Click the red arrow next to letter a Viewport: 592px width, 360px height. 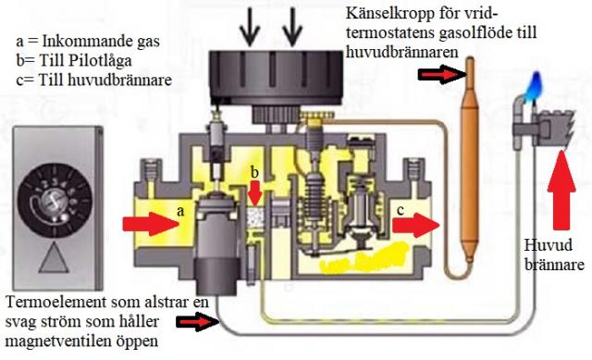pyautogui.click(x=150, y=224)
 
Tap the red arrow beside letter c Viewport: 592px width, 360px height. pyautogui.click(x=416, y=225)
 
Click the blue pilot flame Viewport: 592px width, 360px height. pyautogui.click(x=536, y=85)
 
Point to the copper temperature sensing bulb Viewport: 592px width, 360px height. pyautogui.click(x=470, y=158)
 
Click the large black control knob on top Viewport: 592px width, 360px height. pyautogui.click(x=276, y=79)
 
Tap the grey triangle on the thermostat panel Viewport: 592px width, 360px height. pyautogui.click(x=54, y=257)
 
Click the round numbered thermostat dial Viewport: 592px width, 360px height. pyautogui.click(x=55, y=200)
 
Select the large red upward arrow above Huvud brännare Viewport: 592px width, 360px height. pyautogui.click(x=561, y=190)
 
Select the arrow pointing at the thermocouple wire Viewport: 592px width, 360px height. pyautogui.click(x=198, y=322)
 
